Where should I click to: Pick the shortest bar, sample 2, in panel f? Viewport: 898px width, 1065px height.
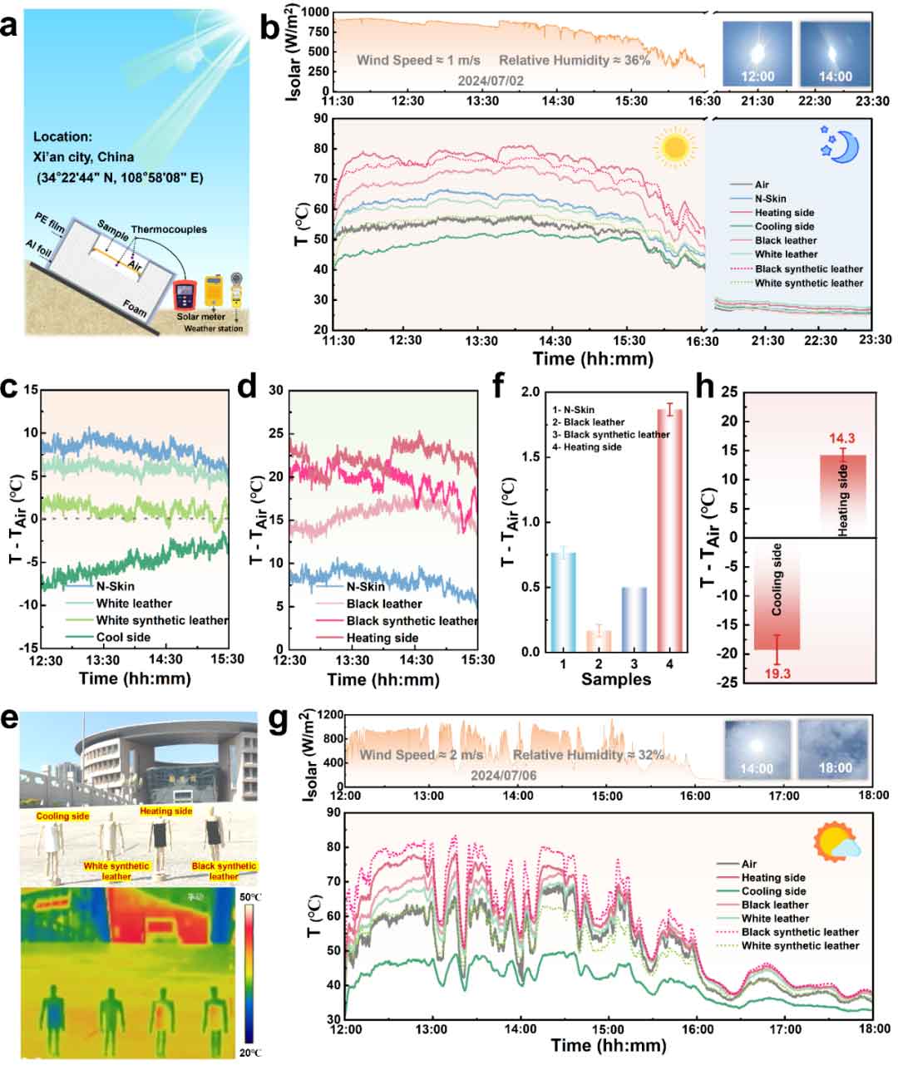pyautogui.click(x=599, y=640)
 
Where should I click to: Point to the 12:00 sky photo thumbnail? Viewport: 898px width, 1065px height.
pyautogui.click(x=757, y=55)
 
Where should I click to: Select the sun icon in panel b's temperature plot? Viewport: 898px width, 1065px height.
pyautogui.click(x=674, y=146)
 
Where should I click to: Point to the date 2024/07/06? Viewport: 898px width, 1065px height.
pyautogui.click(x=504, y=774)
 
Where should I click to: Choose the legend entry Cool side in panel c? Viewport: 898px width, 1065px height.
pyautogui.click(x=124, y=638)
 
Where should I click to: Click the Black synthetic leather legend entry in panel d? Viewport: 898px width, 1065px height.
pyautogui.click(x=411, y=621)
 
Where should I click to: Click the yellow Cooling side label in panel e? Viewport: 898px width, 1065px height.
pyautogui.click(x=63, y=816)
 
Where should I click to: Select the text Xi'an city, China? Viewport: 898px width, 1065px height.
pyautogui.click(x=84, y=157)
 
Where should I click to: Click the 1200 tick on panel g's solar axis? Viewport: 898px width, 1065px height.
pyautogui.click(x=325, y=715)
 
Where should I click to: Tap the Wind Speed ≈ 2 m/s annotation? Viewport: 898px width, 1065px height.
pyautogui.click(x=422, y=755)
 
